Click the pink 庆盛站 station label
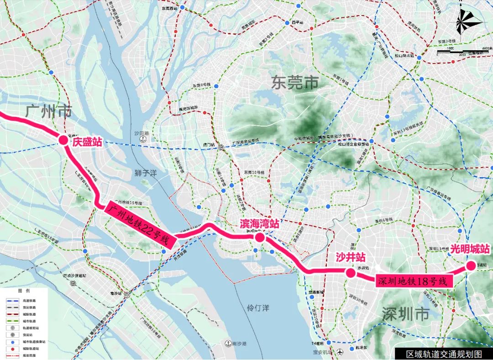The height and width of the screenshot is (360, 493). pos(87,142)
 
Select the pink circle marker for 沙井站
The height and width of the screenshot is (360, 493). pos(350,273)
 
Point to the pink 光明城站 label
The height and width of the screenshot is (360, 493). pos(470,249)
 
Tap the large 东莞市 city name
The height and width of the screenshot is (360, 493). pos(294,83)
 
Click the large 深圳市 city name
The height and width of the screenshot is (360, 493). pos(406,314)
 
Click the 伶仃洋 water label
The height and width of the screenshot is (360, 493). pos(258,308)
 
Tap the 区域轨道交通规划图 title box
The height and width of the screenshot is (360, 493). pos(444,354)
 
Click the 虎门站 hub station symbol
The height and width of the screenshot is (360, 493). pos(220,147)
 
